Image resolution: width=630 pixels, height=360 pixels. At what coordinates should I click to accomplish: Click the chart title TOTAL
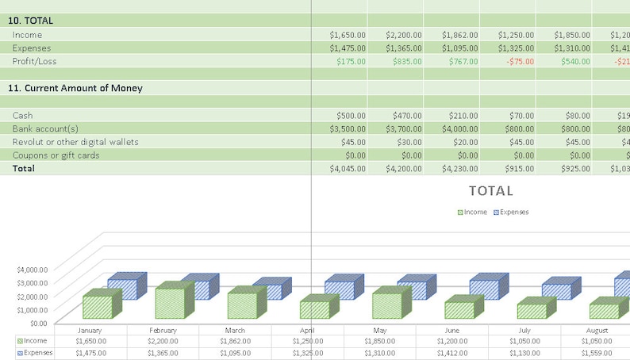pyautogui.click(x=491, y=191)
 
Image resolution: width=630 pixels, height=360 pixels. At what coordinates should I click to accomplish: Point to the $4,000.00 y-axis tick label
pyautogui.click(x=33, y=270)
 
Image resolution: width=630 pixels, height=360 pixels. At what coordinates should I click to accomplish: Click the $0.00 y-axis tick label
pyautogui.click(x=38, y=323)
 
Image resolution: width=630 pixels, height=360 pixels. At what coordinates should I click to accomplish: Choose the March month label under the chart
pyautogui.click(x=235, y=330)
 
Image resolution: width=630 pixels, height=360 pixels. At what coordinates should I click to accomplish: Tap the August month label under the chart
pyautogui.click(x=597, y=330)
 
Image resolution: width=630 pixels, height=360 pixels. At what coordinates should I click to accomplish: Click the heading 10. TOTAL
pyautogui.click(x=31, y=21)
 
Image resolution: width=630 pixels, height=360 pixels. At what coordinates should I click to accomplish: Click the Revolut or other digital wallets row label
pyautogui.click(x=75, y=142)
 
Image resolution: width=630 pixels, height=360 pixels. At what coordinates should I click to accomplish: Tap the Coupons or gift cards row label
pyautogui.click(x=56, y=155)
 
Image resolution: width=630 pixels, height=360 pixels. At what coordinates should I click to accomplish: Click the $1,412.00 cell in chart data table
pyautogui.click(x=452, y=353)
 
